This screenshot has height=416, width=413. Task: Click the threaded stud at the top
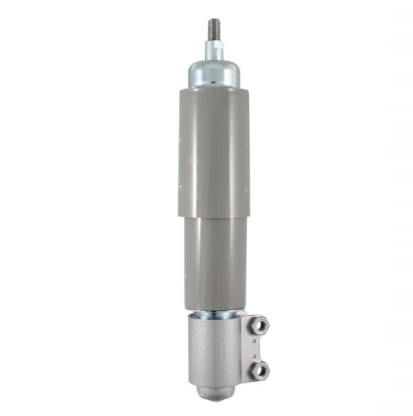coord(214,30)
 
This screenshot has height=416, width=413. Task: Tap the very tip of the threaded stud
coord(214,19)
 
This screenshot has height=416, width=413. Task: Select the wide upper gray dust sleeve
coord(214,151)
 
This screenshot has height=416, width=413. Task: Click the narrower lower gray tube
coord(215,263)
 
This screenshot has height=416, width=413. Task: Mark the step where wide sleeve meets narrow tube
coord(214,217)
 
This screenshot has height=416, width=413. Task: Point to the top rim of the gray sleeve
coord(214,89)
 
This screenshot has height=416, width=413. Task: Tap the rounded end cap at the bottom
coord(215,393)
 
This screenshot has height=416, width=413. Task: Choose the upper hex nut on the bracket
coord(259,326)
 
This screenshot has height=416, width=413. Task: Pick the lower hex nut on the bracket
coord(259,370)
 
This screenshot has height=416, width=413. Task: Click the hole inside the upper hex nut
coord(260,326)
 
